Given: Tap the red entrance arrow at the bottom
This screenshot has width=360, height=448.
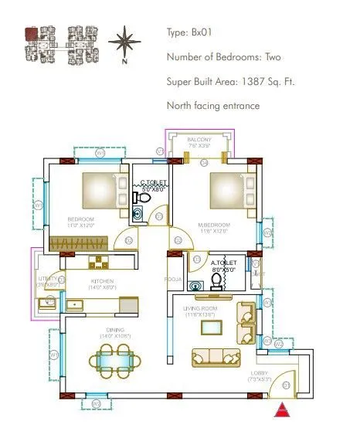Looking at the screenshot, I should (284, 411).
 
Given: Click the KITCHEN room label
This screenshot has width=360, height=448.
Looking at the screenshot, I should (102, 281).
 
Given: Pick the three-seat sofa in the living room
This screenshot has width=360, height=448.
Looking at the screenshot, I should (216, 357).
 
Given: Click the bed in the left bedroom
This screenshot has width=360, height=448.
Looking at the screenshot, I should (102, 189).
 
